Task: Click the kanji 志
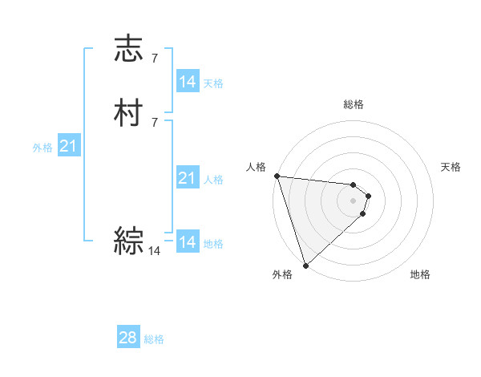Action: (129, 49)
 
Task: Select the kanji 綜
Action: (129, 240)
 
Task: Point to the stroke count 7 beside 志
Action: (155, 58)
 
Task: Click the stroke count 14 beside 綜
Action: (155, 251)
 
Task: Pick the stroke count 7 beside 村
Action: (155, 122)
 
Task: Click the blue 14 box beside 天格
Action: (187, 82)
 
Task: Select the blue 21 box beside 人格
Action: (187, 178)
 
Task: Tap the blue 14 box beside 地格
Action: (187, 242)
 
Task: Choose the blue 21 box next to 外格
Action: (68, 146)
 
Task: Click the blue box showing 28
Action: (128, 338)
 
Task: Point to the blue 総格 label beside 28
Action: (154, 339)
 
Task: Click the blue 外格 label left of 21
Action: (42, 148)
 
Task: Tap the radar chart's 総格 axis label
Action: (354, 104)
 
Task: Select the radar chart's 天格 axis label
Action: (451, 167)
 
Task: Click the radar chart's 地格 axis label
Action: (420, 274)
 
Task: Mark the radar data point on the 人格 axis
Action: (277, 176)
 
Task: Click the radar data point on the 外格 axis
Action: (305, 265)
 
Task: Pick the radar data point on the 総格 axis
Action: (354, 183)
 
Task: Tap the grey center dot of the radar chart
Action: (354, 201)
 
